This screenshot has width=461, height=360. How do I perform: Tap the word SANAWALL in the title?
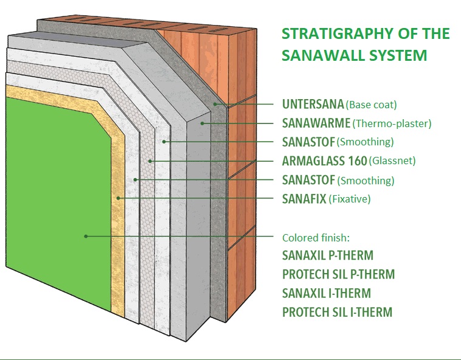(x=324, y=55)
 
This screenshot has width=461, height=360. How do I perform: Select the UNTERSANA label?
(x=313, y=104)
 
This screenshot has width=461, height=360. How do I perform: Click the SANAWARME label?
(x=316, y=123)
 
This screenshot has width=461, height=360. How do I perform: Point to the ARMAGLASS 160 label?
(x=325, y=161)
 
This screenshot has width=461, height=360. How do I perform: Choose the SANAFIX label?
(x=304, y=199)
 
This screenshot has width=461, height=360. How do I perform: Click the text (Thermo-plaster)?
(x=392, y=123)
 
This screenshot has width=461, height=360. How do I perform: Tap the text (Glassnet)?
(x=392, y=161)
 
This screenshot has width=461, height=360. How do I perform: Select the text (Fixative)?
(x=350, y=199)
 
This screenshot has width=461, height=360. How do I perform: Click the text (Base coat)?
(x=372, y=105)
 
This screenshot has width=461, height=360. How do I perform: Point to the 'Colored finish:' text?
(x=316, y=237)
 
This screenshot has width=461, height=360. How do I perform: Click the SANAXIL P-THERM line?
(x=328, y=255)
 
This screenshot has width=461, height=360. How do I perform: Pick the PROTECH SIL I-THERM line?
(x=337, y=312)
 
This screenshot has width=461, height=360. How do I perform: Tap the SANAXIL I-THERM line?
(x=327, y=293)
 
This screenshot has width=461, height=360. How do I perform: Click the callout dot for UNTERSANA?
(x=215, y=104)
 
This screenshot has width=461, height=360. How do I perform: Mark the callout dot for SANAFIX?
(x=118, y=198)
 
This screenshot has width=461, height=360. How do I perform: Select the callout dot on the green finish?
(x=86, y=236)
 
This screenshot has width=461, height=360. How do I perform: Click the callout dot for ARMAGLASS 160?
(x=150, y=161)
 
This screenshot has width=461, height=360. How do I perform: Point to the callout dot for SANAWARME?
(x=203, y=123)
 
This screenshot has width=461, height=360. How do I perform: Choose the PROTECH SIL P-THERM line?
(x=338, y=274)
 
